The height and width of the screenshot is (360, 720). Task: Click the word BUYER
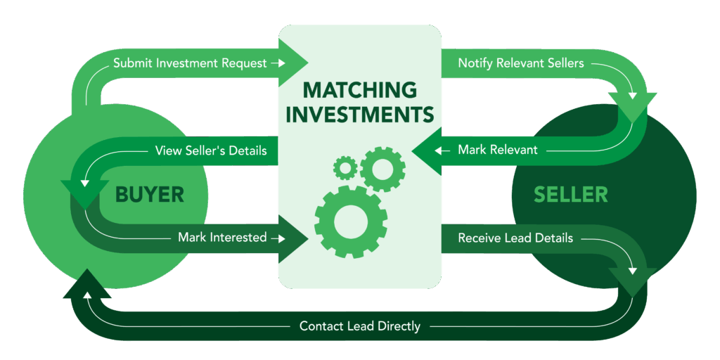pos(150,195)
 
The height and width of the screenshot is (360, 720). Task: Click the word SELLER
pos(571,195)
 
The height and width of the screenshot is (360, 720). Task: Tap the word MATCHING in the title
pos(360,90)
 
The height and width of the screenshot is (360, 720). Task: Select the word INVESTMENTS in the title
pos(360,115)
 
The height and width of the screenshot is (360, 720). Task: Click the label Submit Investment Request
pos(190,63)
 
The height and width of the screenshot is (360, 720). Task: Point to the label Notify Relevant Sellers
pos(521,63)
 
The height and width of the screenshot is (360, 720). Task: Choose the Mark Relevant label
pos(498,150)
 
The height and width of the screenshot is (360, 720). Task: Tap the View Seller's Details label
pos(211,150)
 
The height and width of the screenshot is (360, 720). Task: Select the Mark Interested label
pos(222,238)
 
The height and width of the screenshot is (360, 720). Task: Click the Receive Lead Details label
pos(515,238)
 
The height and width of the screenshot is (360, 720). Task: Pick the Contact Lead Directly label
pos(360,326)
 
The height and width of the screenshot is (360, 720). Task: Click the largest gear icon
pos(351,222)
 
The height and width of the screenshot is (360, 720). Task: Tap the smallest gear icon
pos(345,167)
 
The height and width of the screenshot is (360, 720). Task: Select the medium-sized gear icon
pos(382,169)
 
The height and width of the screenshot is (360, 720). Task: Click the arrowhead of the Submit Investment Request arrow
pos(293,63)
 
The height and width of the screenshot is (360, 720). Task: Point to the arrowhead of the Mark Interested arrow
pos(293,238)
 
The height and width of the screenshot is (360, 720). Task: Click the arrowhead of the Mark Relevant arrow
pos(427,150)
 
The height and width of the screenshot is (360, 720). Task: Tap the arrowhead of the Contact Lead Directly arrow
pos(86,284)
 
